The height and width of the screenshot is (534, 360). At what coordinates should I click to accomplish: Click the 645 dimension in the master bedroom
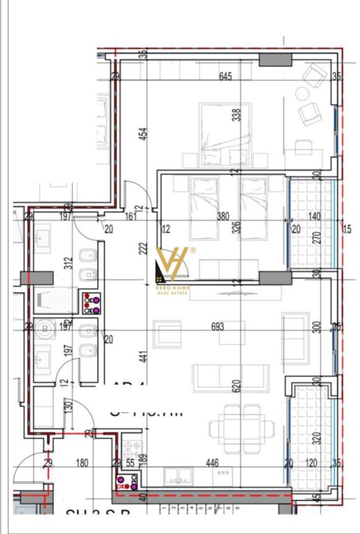[224, 76]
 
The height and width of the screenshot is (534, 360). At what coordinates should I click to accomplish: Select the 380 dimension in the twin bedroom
[222, 216]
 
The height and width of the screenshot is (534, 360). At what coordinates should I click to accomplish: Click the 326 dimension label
[236, 227]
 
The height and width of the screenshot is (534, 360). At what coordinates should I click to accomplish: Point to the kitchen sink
[181, 475]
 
